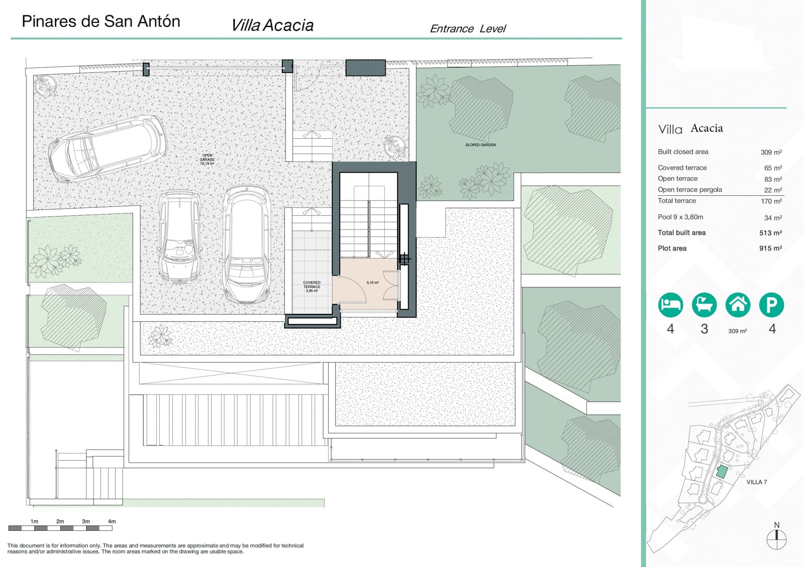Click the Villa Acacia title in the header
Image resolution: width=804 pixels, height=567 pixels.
(x=272, y=25)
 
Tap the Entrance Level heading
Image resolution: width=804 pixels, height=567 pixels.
(x=467, y=29)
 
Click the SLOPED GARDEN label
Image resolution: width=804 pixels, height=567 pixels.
(x=480, y=145)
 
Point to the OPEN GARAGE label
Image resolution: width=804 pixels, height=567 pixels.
(x=207, y=159)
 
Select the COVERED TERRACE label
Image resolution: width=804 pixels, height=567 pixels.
(x=312, y=286)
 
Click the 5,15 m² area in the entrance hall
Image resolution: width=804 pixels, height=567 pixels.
(x=372, y=283)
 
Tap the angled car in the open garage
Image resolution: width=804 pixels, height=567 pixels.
(x=108, y=149)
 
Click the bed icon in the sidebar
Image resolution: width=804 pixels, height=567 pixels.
(x=670, y=305)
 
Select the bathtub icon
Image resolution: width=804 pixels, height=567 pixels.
(x=704, y=305)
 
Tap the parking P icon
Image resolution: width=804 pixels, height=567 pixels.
(x=771, y=305)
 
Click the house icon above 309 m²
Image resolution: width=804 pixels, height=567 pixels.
(x=738, y=305)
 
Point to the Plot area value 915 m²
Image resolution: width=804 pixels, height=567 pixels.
(x=770, y=248)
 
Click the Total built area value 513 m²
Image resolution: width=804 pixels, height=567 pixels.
(x=770, y=233)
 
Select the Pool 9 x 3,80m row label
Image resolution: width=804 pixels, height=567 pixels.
(x=680, y=217)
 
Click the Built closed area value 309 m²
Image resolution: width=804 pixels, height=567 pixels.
(x=771, y=152)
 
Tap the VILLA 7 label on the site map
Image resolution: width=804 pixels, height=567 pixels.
(x=756, y=482)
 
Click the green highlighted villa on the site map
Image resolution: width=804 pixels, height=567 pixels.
(x=722, y=472)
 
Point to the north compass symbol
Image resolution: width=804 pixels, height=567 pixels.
(x=776, y=539)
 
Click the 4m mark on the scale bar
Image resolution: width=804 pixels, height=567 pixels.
(x=112, y=521)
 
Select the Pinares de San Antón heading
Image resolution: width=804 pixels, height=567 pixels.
(x=101, y=21)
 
